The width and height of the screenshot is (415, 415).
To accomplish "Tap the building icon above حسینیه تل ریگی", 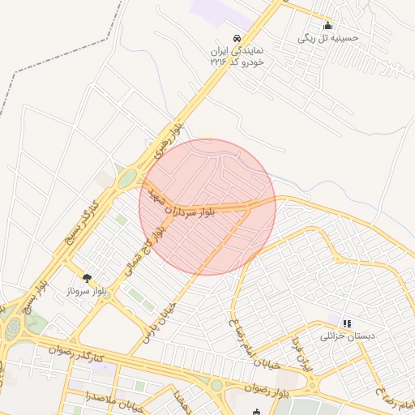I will tap(327, 25).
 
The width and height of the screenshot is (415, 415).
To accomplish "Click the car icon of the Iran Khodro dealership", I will tap(236, 38).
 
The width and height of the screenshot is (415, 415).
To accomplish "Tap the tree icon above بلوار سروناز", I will tap(88, 278).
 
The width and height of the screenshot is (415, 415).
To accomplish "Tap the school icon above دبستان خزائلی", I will tap(347, 323).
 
